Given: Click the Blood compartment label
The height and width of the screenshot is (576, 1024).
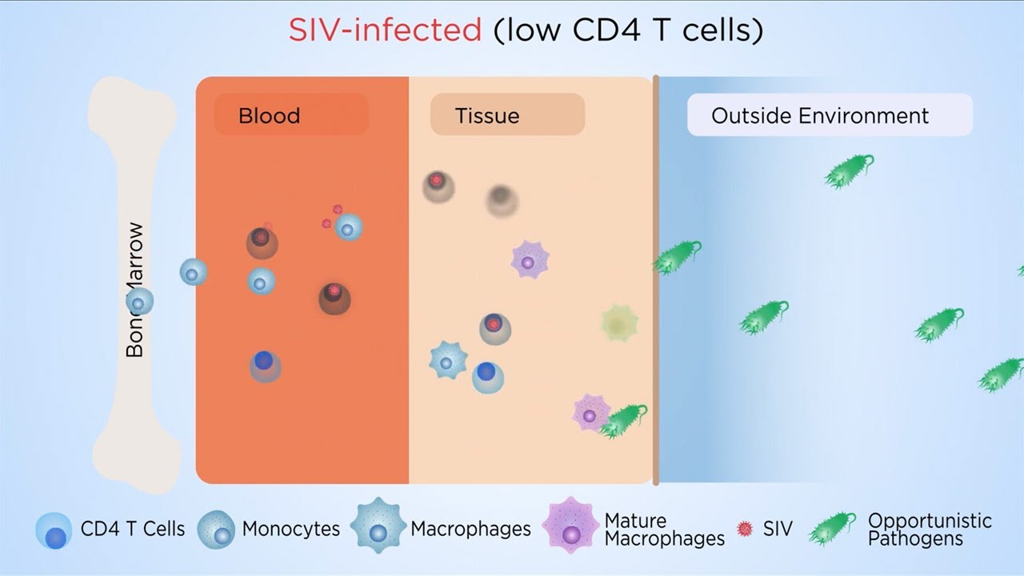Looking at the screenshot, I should [x=269, y=115].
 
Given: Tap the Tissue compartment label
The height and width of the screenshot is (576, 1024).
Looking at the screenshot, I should [x=487, y=115].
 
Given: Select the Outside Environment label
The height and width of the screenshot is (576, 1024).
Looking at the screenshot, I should [x=820, y=115].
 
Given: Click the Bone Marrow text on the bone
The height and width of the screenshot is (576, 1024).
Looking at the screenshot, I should [x=135, y=290].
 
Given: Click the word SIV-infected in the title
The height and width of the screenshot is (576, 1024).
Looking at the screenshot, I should [x=385, y=30].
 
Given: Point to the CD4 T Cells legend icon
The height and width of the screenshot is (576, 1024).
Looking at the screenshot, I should [x=54, y=530].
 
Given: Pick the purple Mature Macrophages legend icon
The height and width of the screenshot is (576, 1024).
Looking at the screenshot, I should [x=570, y=526].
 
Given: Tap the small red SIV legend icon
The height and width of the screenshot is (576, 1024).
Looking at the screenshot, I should [x=745, y=529].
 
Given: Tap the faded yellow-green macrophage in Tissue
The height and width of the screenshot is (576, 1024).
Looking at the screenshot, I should [x=619, y=322].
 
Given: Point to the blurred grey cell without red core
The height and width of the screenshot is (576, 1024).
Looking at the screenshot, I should [x=502, y=200].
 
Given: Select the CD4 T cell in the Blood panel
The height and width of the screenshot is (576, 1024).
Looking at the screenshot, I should [x=265, y=366].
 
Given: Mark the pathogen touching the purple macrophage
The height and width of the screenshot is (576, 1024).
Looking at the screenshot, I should [x=623, y=420].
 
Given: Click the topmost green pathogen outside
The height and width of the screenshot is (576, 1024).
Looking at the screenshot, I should [x=848, y=171].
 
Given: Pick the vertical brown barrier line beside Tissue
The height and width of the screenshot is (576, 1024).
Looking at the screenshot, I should [x=656, y=280].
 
